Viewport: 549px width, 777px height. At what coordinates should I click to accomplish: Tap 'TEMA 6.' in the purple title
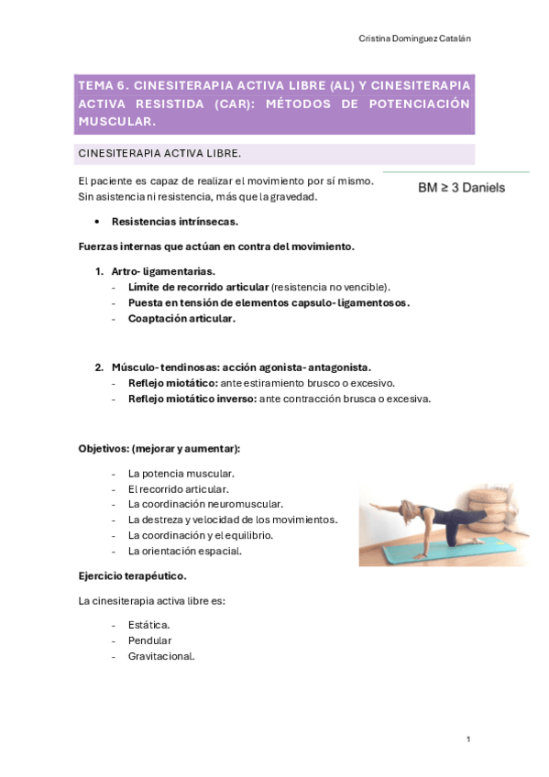(104, 85)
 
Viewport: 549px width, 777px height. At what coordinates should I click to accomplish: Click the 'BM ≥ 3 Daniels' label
(461, 188)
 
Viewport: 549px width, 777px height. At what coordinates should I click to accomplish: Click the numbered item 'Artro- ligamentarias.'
(163, 271)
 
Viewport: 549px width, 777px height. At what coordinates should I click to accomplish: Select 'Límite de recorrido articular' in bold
(198, 287)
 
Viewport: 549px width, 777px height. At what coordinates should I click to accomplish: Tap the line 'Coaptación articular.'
(181, 318)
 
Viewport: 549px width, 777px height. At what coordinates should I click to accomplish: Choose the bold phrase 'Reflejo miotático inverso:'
(192, 399)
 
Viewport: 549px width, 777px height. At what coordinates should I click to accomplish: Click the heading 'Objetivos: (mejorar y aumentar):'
(159, 448)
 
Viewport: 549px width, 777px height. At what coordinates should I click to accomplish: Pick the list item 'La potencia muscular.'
(181, 473)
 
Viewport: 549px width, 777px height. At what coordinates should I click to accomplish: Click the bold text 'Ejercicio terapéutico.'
(133, 575)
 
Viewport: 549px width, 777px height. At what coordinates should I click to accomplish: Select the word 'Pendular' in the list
(149, 640)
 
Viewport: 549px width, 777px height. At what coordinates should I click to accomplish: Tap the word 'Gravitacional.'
(161, 655)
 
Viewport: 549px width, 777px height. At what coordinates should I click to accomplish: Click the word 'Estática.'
(149, 624)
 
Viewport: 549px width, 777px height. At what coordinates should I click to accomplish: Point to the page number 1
(467, 739)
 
